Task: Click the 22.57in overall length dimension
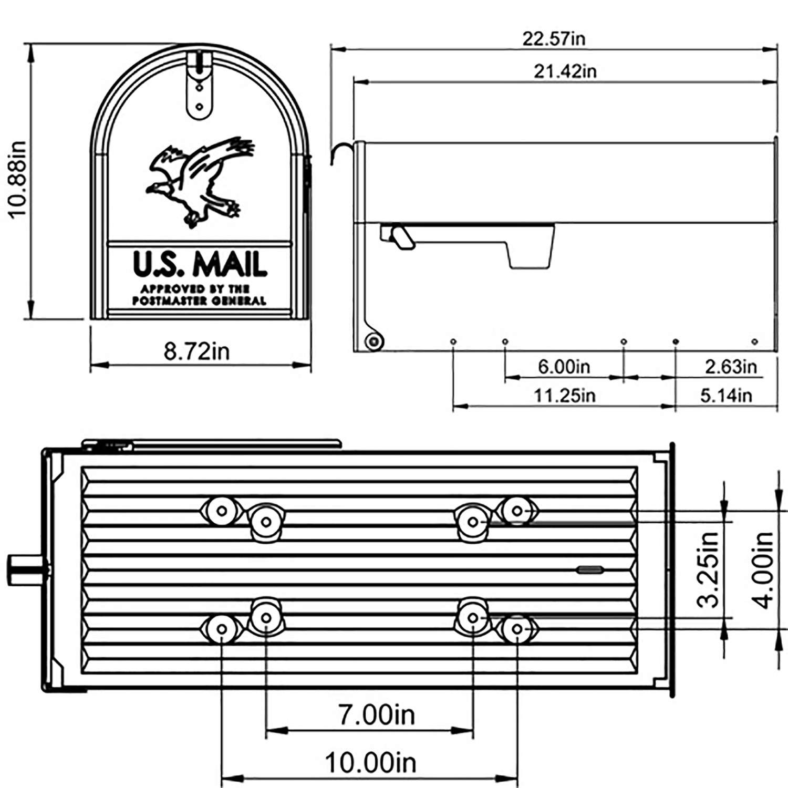553,39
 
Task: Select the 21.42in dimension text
565,71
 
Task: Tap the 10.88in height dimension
17,179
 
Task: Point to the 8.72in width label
196,351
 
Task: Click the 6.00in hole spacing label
564,366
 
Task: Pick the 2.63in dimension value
730,366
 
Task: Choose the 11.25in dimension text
565,395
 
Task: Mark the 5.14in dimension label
726,395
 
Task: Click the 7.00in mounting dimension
376,714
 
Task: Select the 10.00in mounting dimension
370,762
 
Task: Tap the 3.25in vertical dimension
708,569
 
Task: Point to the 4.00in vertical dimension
763,569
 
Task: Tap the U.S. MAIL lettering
200,264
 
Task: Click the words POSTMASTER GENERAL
199,301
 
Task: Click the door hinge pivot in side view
374,341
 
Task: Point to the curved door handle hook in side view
339,152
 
